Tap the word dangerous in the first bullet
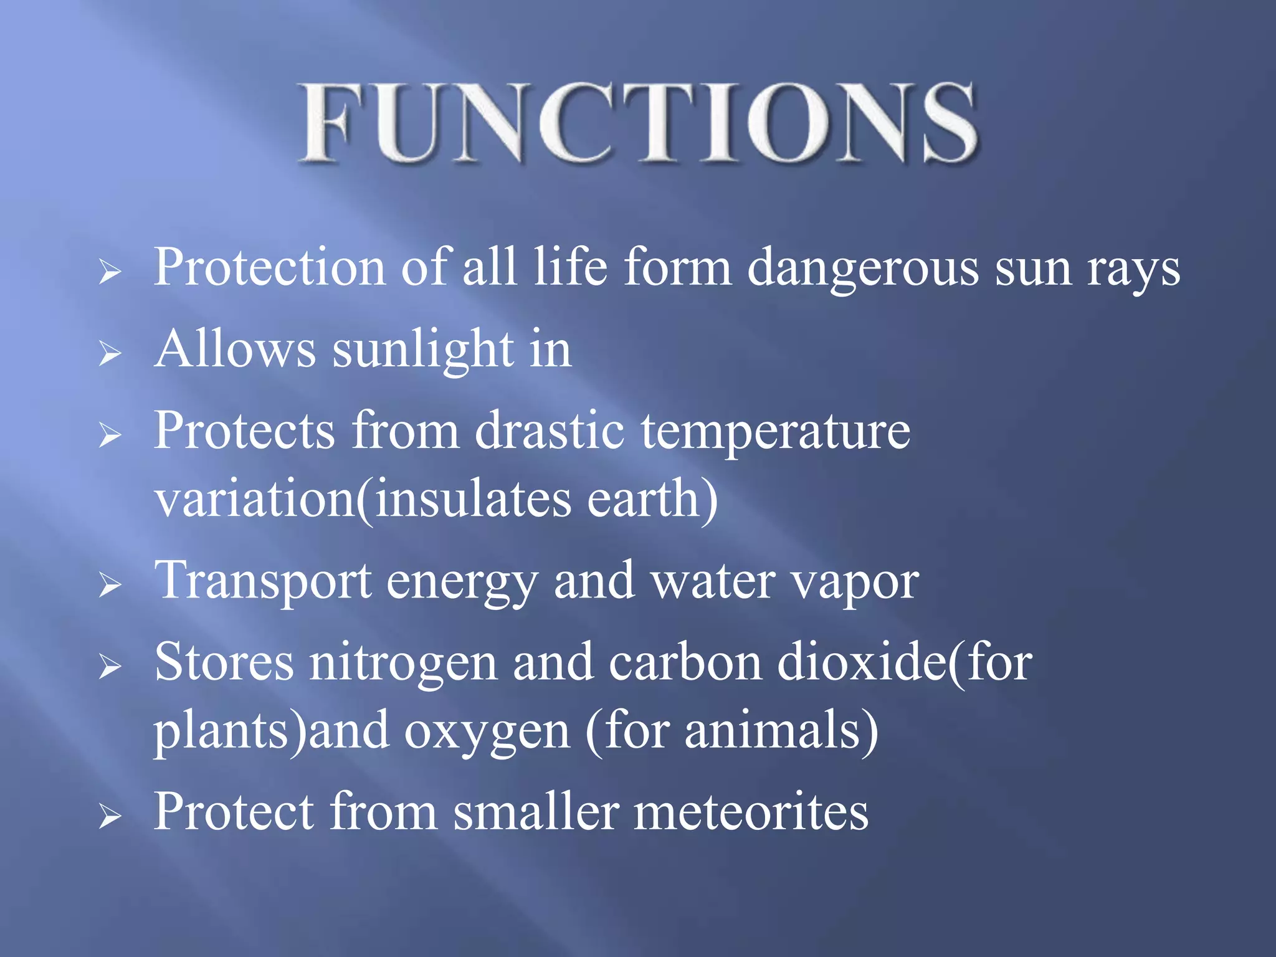coord(862,268)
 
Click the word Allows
coord(235,349)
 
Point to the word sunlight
coord(423,350)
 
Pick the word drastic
coord(550,431)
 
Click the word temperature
coord(776,432)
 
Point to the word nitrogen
coord(403,663)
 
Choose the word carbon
coord(685,662)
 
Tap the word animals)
coord(781,730)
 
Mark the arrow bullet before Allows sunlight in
coord(110,354)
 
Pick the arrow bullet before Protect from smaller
coord(110,817)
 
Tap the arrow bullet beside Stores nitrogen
coord(110,667)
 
